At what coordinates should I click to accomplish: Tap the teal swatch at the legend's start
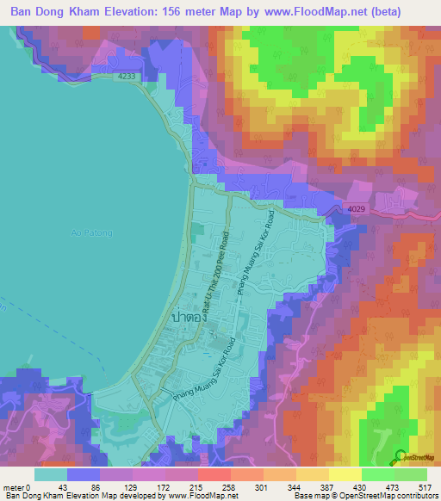tap(52, 474)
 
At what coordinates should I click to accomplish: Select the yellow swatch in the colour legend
tap(344, 474)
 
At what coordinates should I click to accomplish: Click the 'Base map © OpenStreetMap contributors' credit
tap(363, 497)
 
